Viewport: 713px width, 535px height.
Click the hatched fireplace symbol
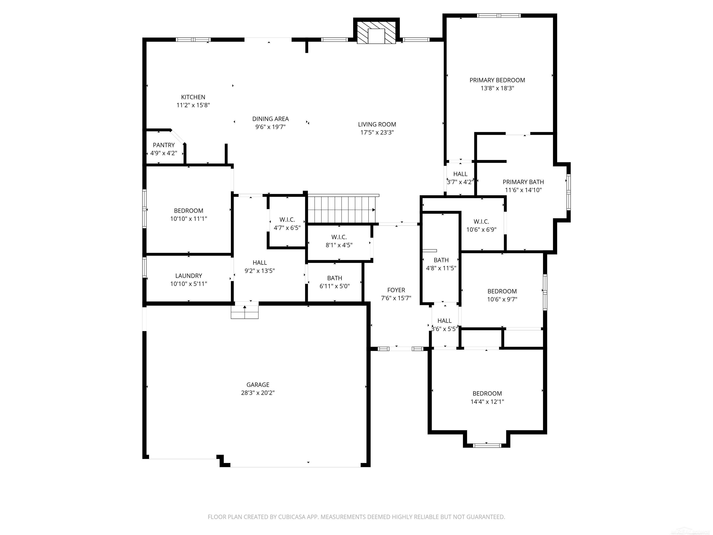[376, 32]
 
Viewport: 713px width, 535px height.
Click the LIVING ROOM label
[377, 124]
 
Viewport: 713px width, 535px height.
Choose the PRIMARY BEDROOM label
[497, 80]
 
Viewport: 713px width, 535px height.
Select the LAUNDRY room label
[188, 276]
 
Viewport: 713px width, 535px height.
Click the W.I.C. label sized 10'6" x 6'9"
[481, 222]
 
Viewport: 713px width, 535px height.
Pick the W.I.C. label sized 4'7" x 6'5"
[287, 220]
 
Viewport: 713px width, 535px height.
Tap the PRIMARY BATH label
[523, 182]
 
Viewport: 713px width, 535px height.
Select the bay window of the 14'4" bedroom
[487, 445]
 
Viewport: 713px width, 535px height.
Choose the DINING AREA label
[270, 119]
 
